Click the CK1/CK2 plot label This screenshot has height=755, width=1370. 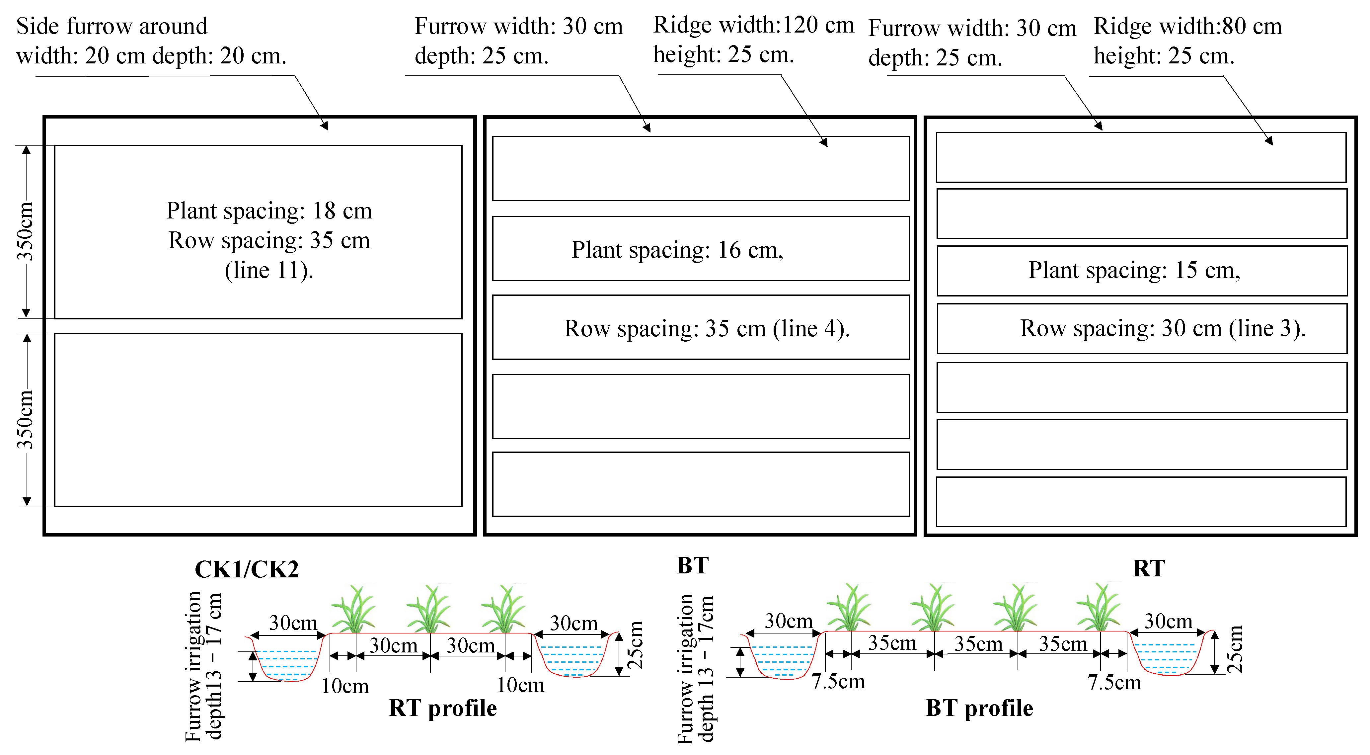247,570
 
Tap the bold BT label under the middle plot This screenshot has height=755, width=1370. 692,565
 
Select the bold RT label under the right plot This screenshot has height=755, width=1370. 1148,569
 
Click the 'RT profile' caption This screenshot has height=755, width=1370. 442,708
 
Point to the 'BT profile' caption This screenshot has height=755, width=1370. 979,708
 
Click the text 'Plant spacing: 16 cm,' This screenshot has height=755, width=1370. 677,250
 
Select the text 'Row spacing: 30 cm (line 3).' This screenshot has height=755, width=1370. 1163,328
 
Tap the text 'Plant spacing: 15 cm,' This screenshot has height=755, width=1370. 1134,270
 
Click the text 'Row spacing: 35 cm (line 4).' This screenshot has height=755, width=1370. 707,329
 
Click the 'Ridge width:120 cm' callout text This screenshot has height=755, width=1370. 753,25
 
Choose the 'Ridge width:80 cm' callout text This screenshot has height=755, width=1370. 1187,26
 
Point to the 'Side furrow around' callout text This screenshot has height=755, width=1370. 112,26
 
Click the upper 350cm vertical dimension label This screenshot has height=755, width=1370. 25,231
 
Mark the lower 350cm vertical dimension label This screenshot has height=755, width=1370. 25,419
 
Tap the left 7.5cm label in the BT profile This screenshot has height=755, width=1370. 838,682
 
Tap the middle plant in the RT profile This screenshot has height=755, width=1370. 429,609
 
